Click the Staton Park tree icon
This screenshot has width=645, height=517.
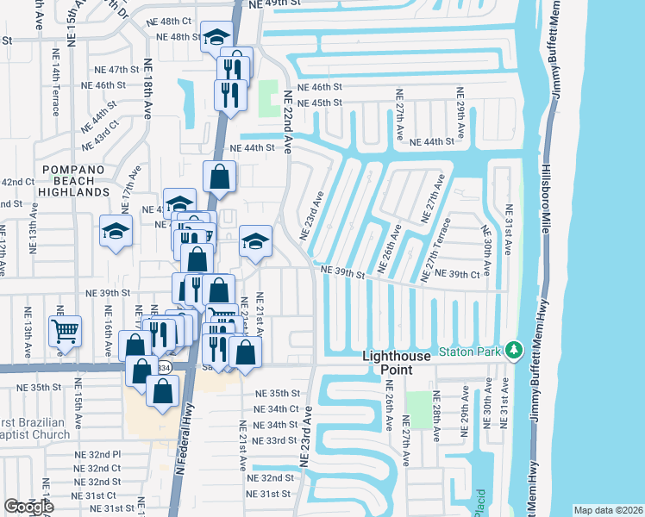[515, 350]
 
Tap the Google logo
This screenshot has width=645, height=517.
[28, 507]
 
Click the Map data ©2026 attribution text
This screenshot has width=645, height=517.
[607, 510]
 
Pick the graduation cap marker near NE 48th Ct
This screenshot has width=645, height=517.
[216, 38]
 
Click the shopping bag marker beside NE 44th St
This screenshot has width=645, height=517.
[220, 177]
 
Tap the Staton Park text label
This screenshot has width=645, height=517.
[470, 351]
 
